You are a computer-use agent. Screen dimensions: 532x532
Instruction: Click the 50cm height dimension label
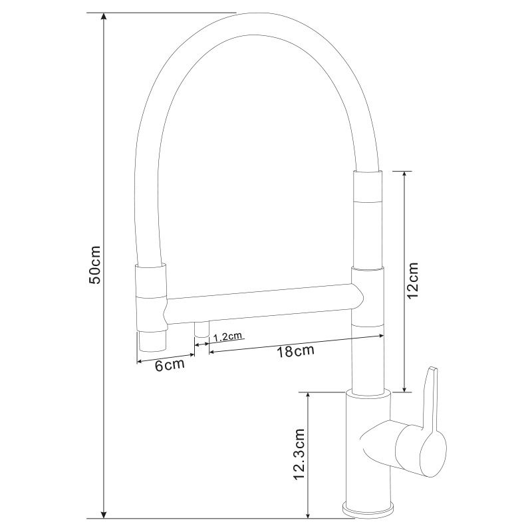pos(94,265)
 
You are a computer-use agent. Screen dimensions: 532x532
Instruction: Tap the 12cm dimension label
pos(413,279)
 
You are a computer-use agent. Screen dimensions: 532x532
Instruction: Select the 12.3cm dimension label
pos(301,454)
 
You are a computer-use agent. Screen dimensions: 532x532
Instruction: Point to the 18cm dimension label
pos(295,351)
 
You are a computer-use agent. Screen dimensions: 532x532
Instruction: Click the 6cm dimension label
pos(170,365)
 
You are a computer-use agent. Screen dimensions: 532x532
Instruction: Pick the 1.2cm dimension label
pos(227,336)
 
